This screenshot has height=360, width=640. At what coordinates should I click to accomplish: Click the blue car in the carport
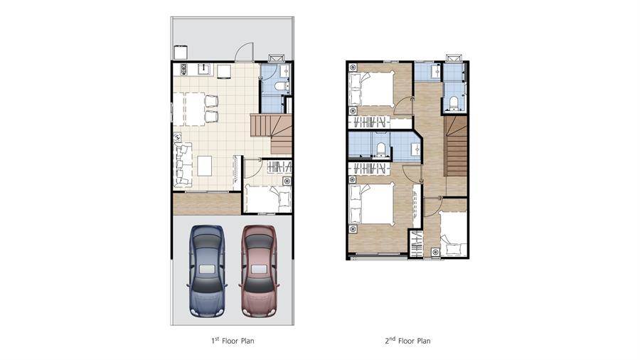207,272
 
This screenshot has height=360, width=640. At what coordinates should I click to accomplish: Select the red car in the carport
259,272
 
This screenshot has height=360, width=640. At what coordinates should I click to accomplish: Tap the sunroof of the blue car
207,270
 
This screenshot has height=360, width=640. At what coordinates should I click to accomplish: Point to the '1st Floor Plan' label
233,340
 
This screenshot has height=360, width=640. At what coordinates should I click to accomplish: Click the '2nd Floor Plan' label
407,340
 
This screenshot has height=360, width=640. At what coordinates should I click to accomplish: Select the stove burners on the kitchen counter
183,70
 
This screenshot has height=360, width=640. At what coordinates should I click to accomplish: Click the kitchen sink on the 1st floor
203,69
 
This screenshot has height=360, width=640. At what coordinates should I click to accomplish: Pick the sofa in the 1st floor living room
183,165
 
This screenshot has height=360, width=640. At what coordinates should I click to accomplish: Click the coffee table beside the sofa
205,166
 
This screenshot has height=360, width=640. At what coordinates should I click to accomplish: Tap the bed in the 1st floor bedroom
268,198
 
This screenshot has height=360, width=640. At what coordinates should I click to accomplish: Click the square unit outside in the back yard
181,53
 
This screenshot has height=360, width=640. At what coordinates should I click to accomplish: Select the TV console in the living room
237,172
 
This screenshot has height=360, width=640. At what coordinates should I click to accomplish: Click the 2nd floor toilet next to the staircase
453,103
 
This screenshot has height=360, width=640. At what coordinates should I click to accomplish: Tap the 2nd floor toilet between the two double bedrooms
380,149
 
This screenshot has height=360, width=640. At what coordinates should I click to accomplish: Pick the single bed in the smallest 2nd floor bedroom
453,234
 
